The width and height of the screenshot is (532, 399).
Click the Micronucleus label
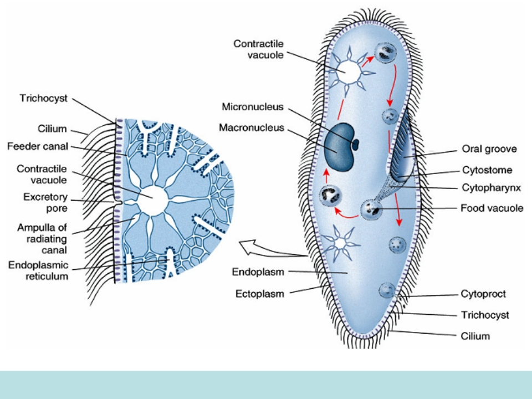(x=253, y=106)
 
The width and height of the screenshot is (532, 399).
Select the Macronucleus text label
(x=252, y=127)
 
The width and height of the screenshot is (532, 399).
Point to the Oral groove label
(x=489, y=149)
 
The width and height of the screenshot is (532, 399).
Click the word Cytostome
(x=487, y=170)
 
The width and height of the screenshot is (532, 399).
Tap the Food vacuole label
(x=492, y=208)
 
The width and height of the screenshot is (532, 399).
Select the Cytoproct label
(x=483, y=294)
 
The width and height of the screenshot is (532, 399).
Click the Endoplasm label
(x=258, y=272)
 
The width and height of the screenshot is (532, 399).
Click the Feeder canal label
(x=37, y=146)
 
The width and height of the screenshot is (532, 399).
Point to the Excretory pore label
(x=45, y=202)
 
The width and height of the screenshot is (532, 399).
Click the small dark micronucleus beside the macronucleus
(x=356, y=144)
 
